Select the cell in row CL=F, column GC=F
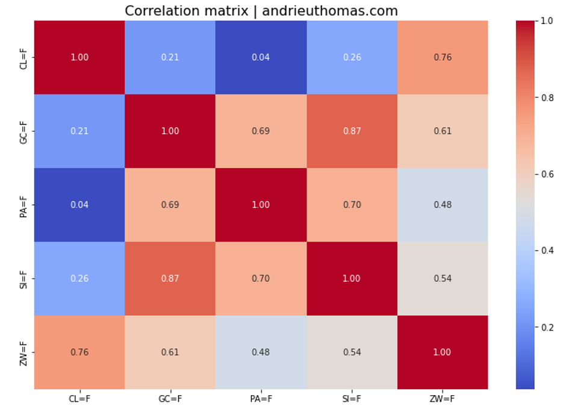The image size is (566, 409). point(170,57)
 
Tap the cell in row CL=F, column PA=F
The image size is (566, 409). point(261,57)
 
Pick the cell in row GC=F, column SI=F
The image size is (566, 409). point(352,131)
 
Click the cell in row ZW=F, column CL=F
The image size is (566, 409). point(79,352)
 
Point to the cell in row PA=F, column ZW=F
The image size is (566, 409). point(442,205)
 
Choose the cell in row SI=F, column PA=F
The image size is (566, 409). point(261,278)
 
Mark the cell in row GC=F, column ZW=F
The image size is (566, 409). point(442,131)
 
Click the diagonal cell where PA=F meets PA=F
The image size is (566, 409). point(261,205)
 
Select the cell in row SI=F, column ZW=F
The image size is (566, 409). point(442,278)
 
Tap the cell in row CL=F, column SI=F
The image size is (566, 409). point(352,57)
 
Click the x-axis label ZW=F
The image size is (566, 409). point(442,398)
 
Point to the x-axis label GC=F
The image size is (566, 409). point(170,398)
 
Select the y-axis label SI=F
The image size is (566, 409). point(23,278)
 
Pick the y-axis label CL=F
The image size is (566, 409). point(23,57)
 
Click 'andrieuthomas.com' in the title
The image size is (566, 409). point(329,11)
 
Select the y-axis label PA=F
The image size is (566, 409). point(23,205)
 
